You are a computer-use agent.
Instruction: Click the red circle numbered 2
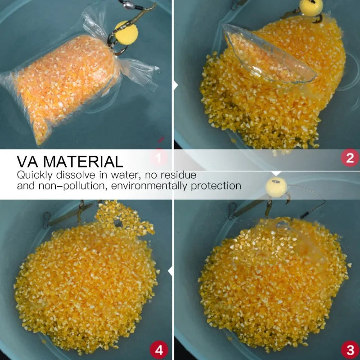click(350, 158)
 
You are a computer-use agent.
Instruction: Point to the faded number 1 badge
click(158, 158)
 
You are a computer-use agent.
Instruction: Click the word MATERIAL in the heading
click(83, 162)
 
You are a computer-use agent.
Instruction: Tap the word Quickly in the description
click(35, 175)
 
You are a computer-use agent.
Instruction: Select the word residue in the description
click(178, 175)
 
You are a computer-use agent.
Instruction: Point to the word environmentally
click(149, 186)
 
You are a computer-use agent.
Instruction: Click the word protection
click(216, 186)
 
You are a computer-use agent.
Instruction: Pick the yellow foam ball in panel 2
click(311, 7)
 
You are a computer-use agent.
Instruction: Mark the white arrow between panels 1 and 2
click(175, 85)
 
